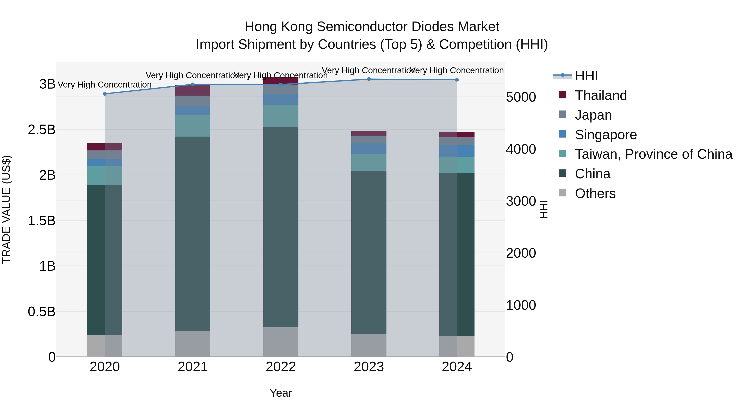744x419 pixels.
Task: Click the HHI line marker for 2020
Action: [x=105, y=94]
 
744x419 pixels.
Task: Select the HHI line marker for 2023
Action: [x=369, y=79]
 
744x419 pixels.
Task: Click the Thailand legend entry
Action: [x=601, y=95]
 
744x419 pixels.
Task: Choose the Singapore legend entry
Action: [x=606, y=135]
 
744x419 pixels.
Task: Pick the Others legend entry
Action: [x=595, y=193]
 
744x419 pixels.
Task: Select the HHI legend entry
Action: [x=586, y=76]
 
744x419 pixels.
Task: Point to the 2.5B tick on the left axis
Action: [x=42, y=130]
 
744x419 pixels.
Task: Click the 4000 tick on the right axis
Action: [x=521, y=149]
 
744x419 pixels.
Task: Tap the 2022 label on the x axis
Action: [x=281, y=367]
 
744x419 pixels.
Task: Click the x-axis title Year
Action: [x=281, y=393]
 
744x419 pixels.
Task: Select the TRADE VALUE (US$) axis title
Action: [x=6, y=209]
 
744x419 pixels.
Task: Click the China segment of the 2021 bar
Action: [x=193, y=234]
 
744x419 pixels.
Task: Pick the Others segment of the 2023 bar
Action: [x=369, y=345]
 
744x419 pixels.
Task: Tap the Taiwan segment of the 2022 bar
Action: [x=281, y=116]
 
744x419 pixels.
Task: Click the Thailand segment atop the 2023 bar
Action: [x=369, y=133]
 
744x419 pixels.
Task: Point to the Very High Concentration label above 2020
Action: [x=105, y=85]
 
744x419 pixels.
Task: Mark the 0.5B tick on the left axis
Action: [x=42, y=312]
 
